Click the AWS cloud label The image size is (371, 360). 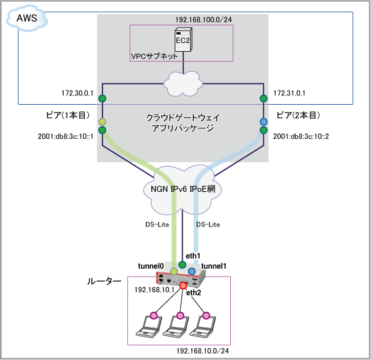[x=26, y=18]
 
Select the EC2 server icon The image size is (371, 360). [x=183, y=39]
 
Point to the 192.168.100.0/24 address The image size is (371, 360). [x=203, y=20]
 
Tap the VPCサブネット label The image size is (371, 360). [x=154, y=56]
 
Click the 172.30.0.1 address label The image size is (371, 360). [x=78, y=93]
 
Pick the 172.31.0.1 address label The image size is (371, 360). [x=289, y=93]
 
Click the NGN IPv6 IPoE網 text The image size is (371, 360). [x=183, y=189]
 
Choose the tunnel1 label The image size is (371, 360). [x=214, y=266]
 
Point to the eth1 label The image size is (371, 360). [x=193, y=256]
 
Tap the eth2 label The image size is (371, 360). [x=194, y=292]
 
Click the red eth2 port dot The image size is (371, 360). [x=183, y=286]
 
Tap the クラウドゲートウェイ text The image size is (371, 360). [x=182, y=118]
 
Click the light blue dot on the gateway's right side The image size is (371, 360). [x=263, y=122]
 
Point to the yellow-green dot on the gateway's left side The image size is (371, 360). [x=102, y=122]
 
